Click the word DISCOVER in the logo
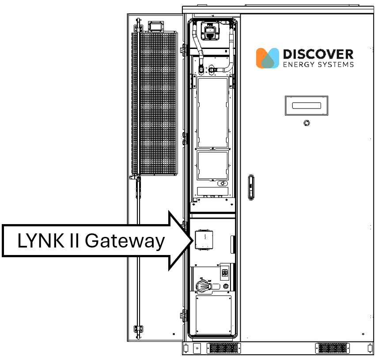(318, 54)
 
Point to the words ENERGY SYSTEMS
(318, 65)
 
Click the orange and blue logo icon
(268, 58)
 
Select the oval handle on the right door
(251, 187)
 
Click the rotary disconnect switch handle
(205, 286)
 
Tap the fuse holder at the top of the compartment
(210, 30)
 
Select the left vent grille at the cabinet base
(223, 348)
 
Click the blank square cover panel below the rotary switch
(213, 315)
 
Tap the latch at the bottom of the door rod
(138, 329)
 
